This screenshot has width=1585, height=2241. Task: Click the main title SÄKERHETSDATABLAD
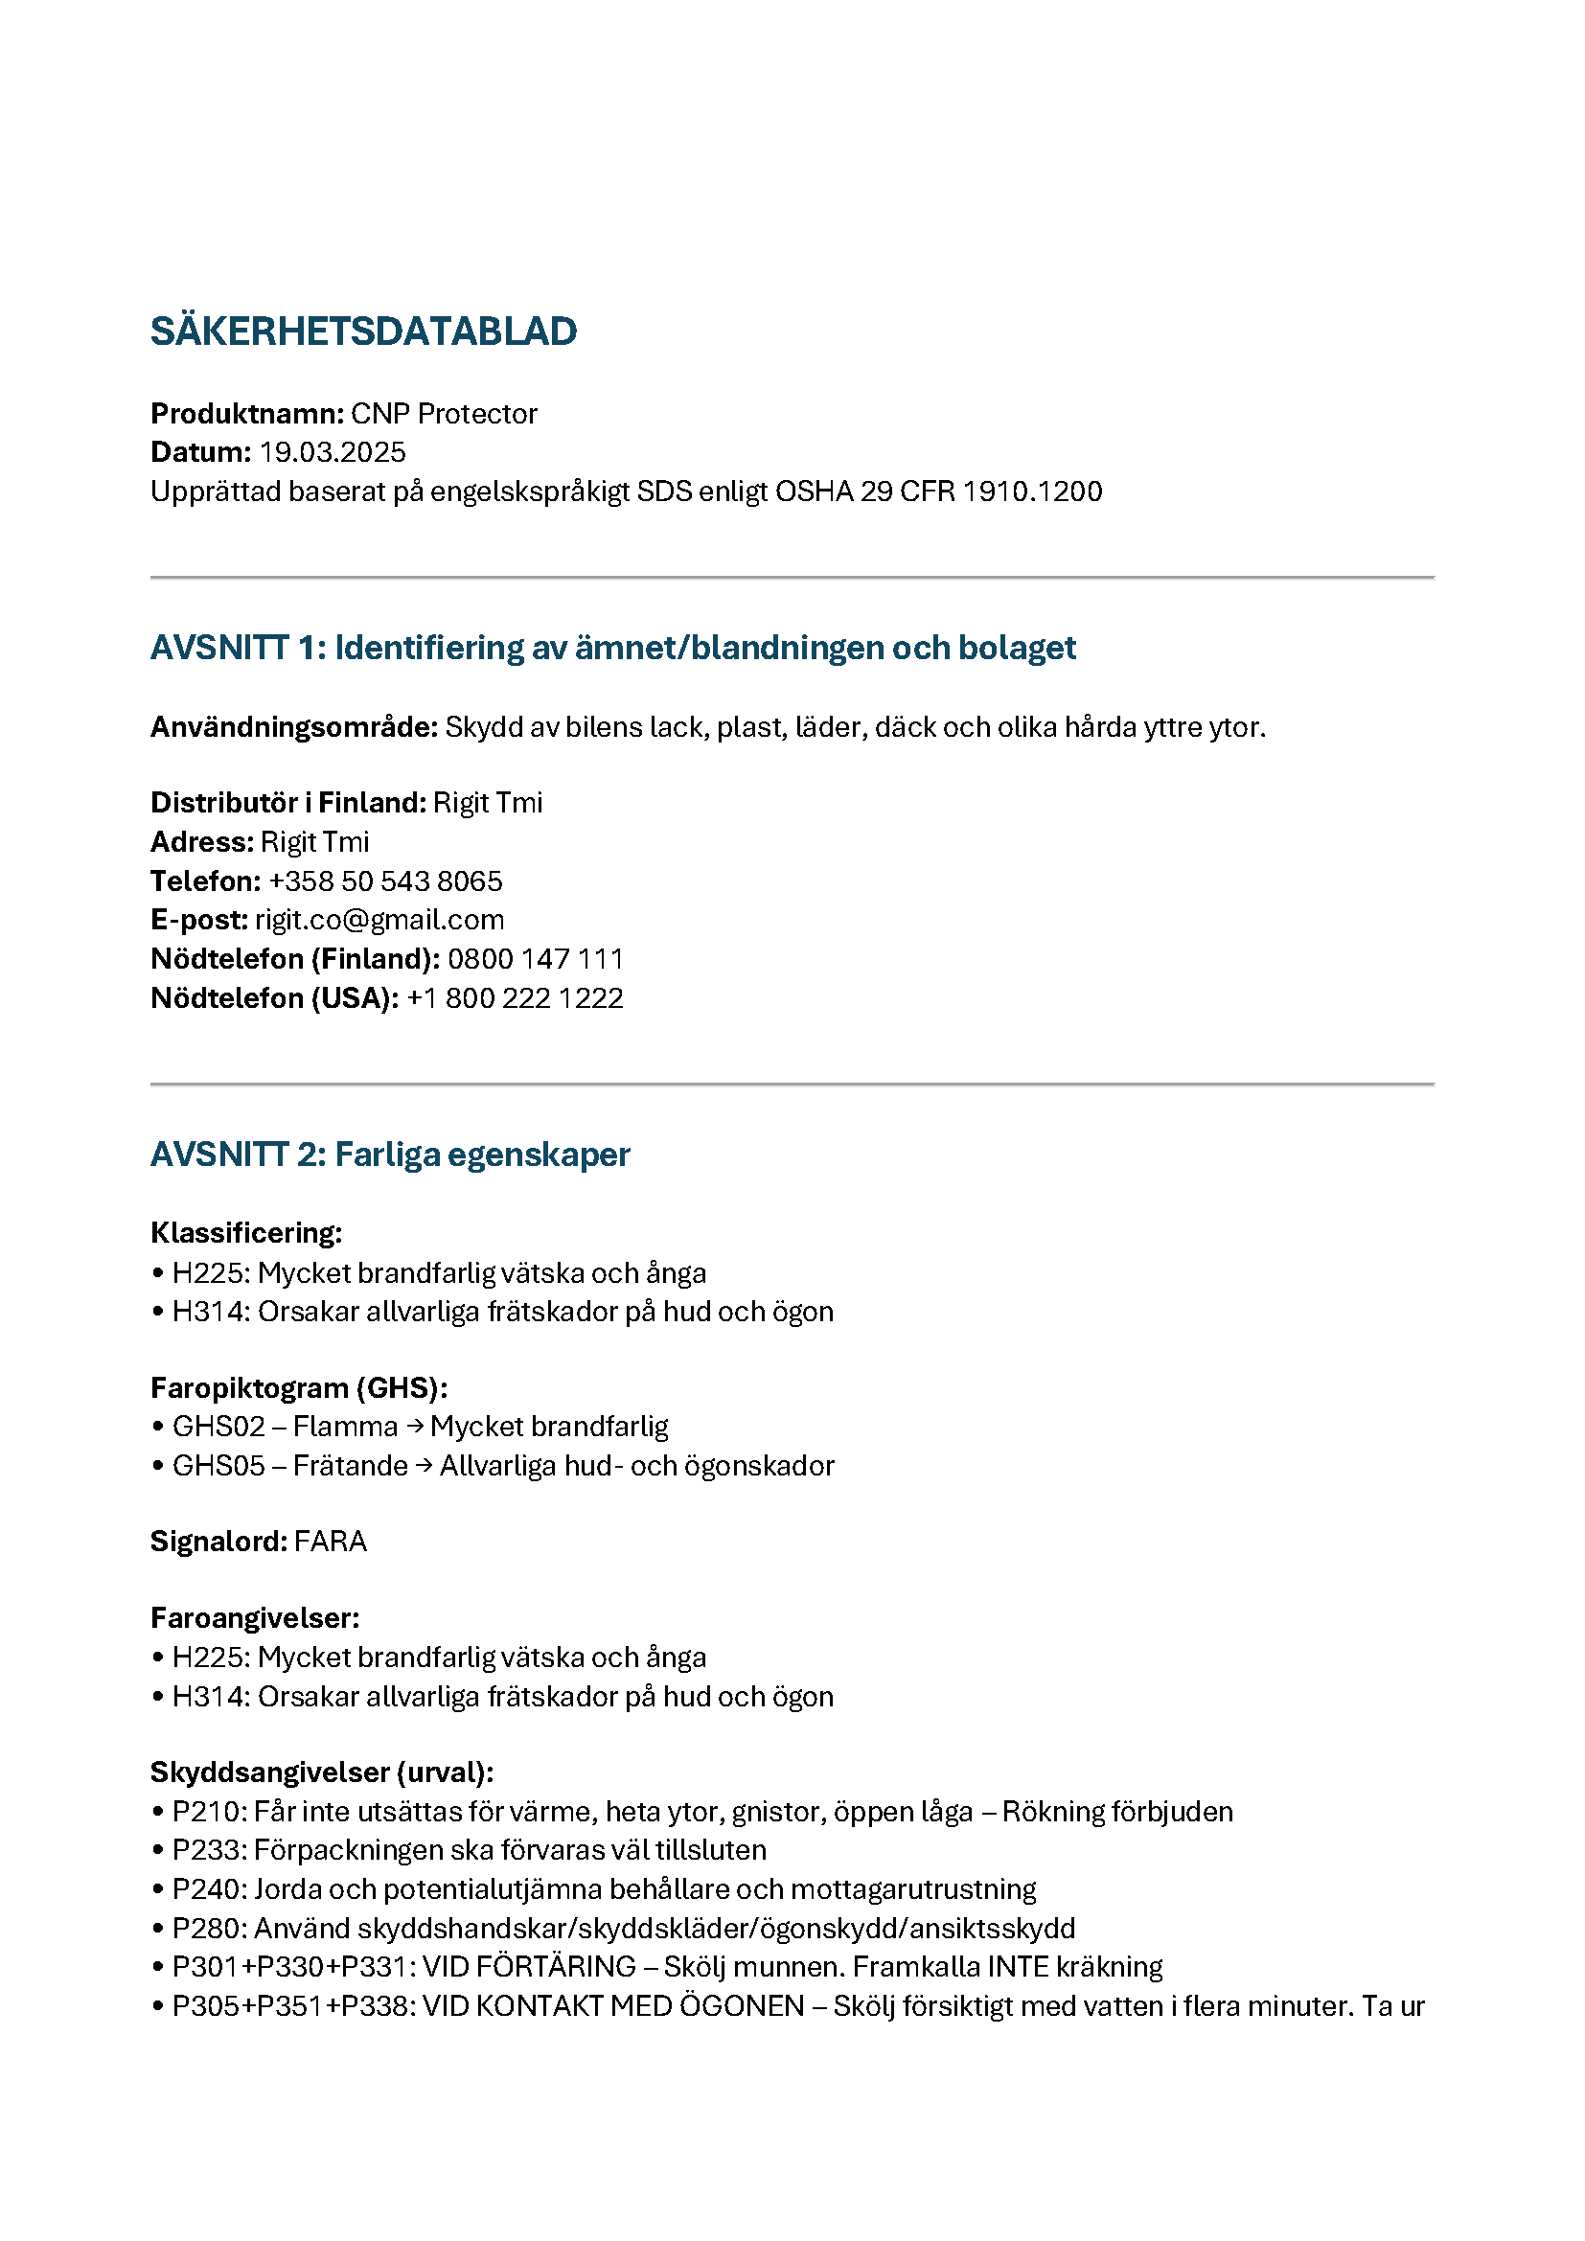[x=363, y=332]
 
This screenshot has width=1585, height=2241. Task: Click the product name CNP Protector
[x=443, y=414]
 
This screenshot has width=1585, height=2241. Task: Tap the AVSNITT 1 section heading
[x=612, y=647]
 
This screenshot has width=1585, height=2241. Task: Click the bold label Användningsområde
[x=293, y=727]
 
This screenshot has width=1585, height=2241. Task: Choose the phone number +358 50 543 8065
[x=385, y=881]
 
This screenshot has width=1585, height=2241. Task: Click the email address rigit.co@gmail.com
[x=379, y=920]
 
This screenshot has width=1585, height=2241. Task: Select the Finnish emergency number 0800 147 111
[x=535, y=958]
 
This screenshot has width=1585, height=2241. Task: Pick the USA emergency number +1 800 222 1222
[x=515, y=997]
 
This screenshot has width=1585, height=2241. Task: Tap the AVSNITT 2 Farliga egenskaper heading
[x=389, y=1155]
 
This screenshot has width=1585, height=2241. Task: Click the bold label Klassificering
[x=246, y=1233]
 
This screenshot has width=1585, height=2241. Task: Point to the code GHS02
[x=218, y=1427]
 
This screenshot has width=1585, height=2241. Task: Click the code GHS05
[x=218, y=1466]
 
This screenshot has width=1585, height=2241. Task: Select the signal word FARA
[x=330, y=1542]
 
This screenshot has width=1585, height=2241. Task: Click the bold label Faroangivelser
[x=255, y=1618]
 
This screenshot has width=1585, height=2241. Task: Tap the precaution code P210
[x=209, y=1812]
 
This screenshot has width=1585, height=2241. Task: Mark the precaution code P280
[x=209, y=1928]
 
